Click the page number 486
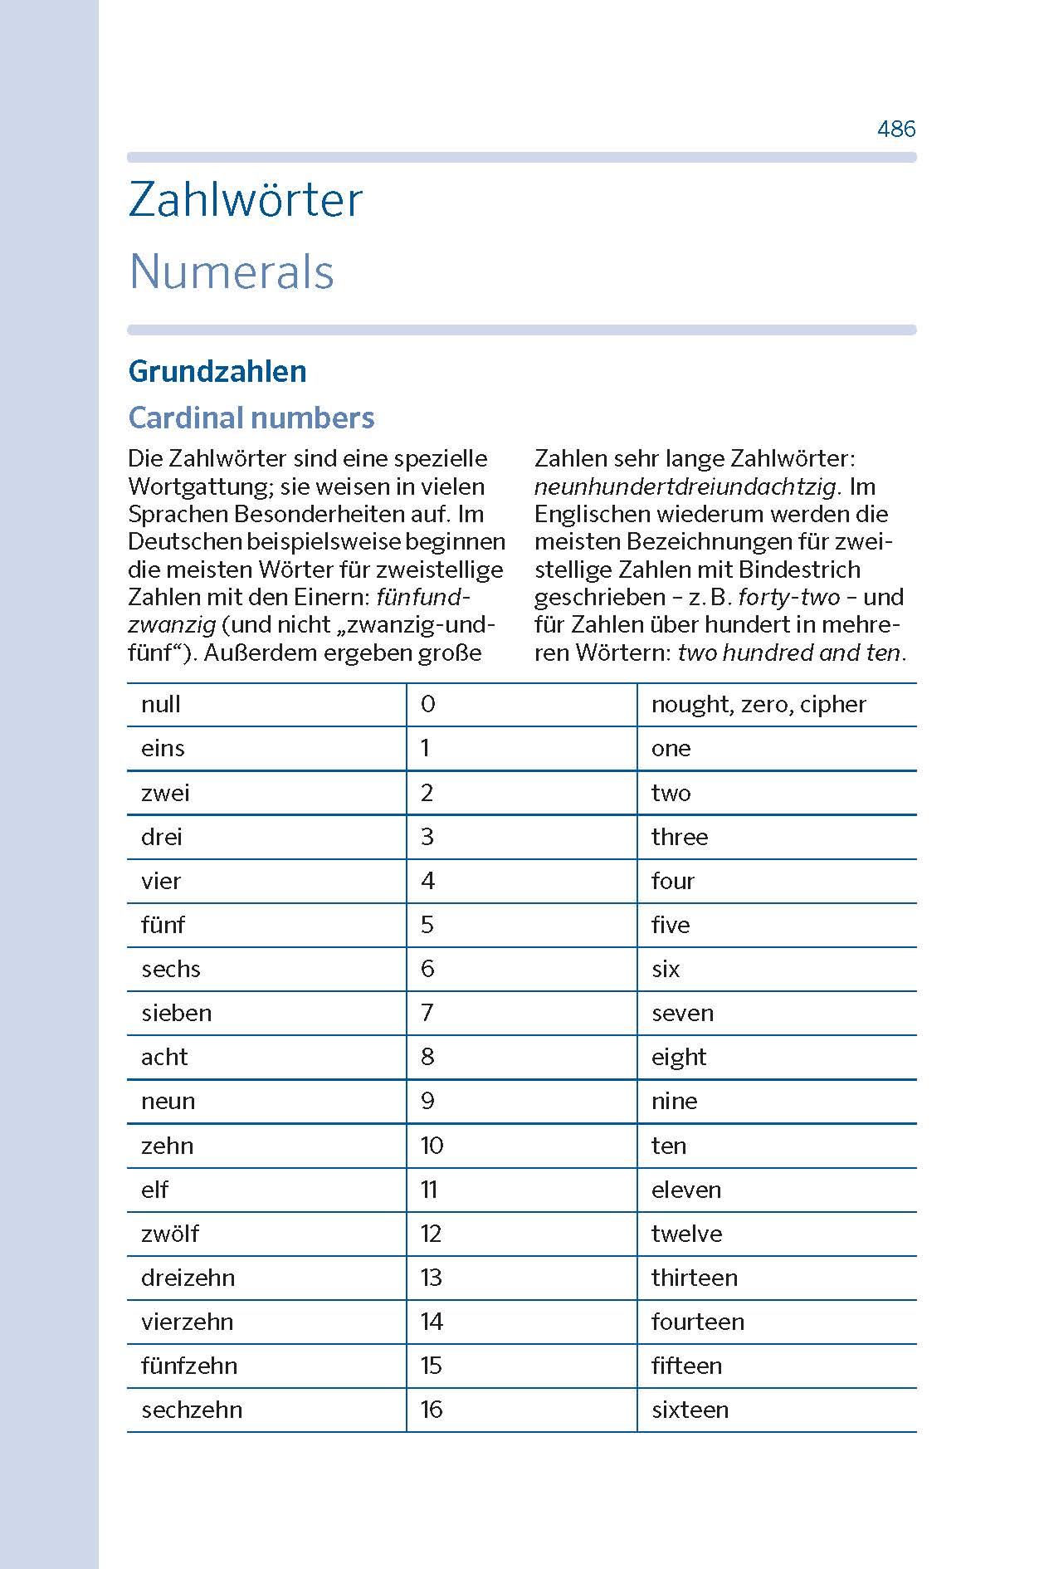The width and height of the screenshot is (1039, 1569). pos(896,129)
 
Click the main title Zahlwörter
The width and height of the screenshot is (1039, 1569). pos(246,200)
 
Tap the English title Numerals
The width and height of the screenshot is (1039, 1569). pos(232,272)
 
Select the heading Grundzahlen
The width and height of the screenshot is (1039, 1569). pos(217,371)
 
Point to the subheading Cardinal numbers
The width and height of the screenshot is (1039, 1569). pos(251,418)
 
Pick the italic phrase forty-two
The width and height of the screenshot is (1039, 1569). pos(788,597)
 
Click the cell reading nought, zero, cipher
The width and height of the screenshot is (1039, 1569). pos(759,705)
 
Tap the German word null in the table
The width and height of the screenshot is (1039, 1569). pos(161,705)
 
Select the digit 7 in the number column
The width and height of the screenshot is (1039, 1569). pos(427,1013)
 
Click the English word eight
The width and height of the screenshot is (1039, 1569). pos(679,1058)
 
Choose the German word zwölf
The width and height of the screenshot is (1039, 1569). pos(170,1234)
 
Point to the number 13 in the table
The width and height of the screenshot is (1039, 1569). pos(432,1278)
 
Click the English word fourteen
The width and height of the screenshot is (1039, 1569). pos(698,1322)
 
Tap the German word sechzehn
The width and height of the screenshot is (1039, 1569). pos(192,1410)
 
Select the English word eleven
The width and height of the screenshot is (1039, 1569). pos(686,1190)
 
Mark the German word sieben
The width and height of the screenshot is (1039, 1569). pos(177,1013)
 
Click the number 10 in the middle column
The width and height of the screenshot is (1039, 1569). pos(432,1146)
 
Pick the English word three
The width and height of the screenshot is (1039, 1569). pos(680,837)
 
